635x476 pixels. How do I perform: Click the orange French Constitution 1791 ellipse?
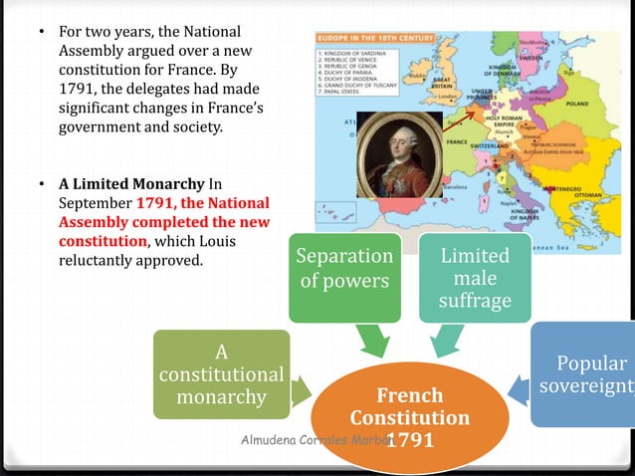pyautogui.click(x=409, y=416)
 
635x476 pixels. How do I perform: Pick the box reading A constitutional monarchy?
pyautogui.click(x=221, y=374)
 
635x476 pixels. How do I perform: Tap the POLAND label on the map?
pyautogui.click(x=580, y=102)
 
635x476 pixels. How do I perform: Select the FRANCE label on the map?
pyautogui.click(x=457, y=141)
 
